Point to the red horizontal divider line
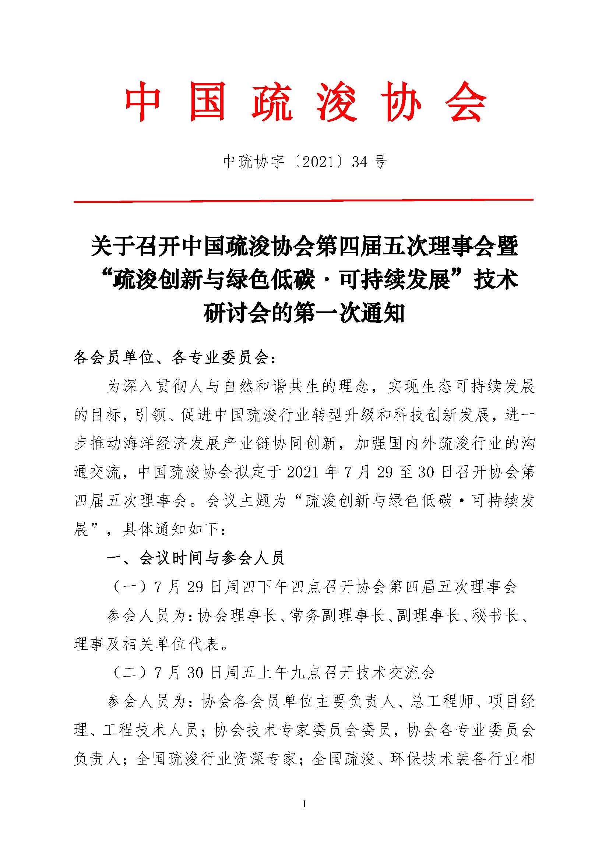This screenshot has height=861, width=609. pyautogui.click(x=303, y=201)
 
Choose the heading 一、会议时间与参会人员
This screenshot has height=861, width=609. pyautogui.click(x=196, y=558)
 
